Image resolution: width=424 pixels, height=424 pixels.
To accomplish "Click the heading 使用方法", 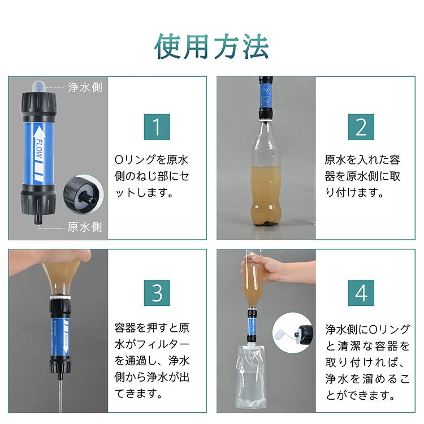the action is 211,46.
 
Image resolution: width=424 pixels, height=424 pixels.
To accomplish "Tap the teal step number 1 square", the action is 157,127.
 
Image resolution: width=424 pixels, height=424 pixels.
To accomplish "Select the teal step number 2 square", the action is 361,127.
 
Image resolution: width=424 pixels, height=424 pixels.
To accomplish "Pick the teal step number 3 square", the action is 157,293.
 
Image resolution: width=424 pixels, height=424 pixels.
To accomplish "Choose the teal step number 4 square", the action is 361,293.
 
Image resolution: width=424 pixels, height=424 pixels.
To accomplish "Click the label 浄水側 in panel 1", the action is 85,87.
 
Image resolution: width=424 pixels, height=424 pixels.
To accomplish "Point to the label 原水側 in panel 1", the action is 85,227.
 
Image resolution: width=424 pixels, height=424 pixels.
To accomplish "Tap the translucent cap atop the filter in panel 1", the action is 39,86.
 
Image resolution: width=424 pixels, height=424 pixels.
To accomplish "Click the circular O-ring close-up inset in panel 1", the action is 84,194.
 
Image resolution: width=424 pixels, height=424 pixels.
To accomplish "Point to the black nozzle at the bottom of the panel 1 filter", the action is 38,219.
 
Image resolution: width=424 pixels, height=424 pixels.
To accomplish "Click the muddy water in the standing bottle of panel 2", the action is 266,195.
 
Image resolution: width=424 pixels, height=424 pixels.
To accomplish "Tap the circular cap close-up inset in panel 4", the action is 293,333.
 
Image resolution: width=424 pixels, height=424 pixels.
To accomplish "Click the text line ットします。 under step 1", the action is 144,193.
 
